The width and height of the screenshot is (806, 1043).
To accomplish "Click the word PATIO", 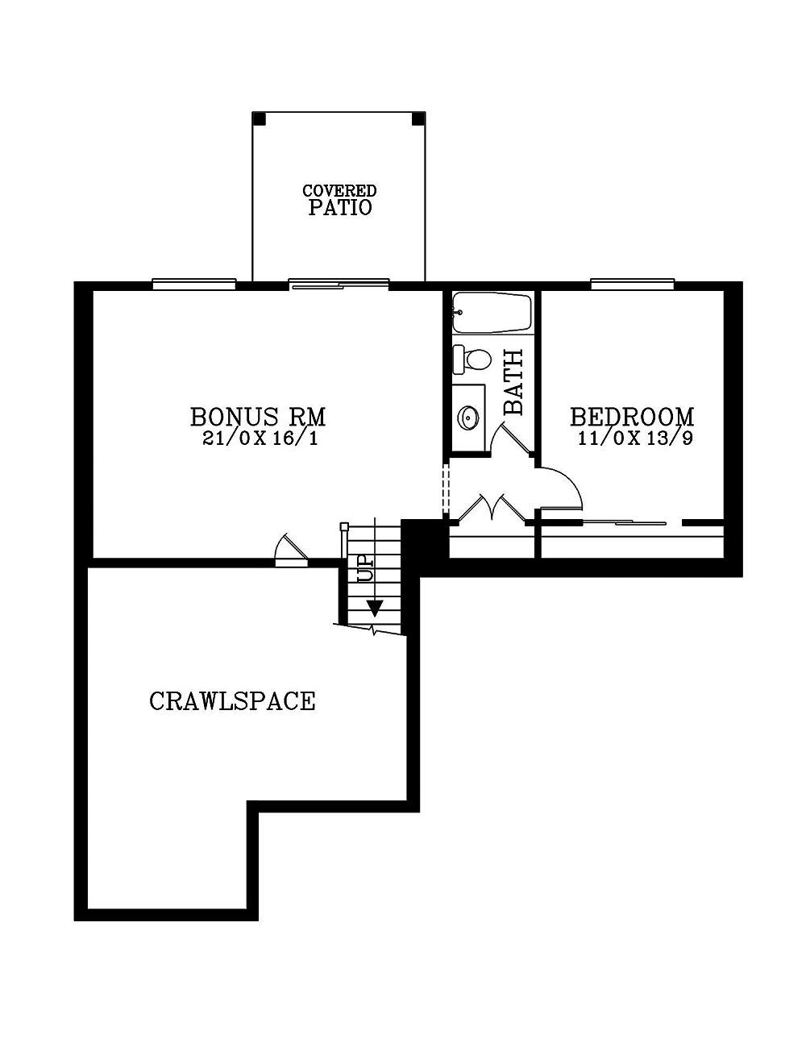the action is (339, 207).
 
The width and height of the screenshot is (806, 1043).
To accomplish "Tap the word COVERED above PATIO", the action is (339, 190).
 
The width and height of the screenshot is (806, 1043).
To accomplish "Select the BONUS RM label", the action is (258, 417).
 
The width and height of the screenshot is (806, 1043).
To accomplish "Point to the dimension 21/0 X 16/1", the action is (260, 438).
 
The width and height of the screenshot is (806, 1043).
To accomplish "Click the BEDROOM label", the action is (632, 417).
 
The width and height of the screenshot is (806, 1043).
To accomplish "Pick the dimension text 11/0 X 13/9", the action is (635, 438).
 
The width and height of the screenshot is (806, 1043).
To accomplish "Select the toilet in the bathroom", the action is (472, 359).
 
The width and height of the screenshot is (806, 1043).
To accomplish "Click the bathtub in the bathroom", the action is (492, 314).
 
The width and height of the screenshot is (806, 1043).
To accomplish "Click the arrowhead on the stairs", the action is (375, 608).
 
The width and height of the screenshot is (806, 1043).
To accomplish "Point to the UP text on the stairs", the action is (364, 569).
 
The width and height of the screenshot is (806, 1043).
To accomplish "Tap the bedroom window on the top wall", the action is (633, 285).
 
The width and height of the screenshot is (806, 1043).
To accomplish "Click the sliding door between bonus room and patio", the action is (339, 285).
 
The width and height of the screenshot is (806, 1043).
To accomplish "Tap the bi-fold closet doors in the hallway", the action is (492, 508).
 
